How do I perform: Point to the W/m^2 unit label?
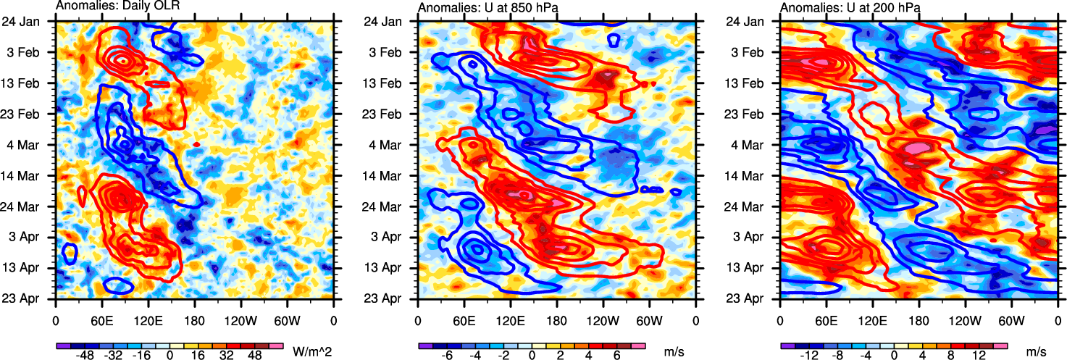pyautogui.click(x=311, y=352)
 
